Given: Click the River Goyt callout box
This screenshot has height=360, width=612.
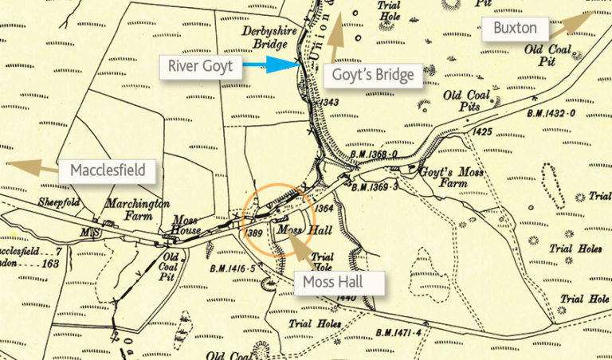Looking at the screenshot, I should coord(200,65).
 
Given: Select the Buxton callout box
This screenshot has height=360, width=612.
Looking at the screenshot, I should coord(515,30).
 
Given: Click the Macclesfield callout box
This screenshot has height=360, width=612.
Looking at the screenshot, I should coord(107,170).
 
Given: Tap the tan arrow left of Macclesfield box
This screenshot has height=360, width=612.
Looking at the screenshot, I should coord(32,166).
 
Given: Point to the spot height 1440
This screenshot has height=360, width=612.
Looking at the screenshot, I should coord(345,297).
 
